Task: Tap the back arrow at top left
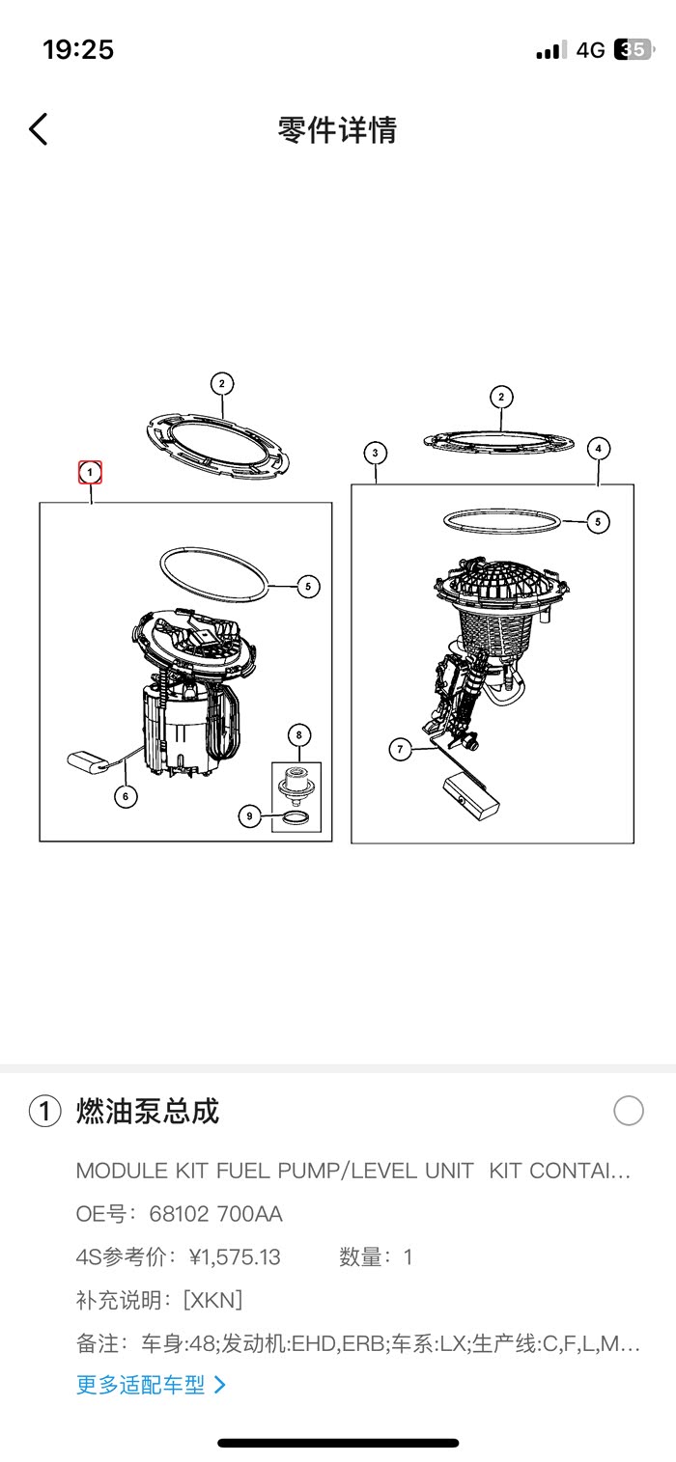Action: click(x=39, y=128)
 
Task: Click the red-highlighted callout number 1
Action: click(x=90, y=473)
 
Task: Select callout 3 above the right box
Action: click(x=375, y=453)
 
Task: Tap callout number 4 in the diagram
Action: click(x=599, y=449)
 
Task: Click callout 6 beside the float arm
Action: click(x=126, y=796)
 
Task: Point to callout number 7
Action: click(x=400, y=749)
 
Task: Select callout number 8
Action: click(x=299, y=735)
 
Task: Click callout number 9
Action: click(x=249, y=815)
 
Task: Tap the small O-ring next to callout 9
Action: click(x=296, y=817)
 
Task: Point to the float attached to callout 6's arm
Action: click(x=88, y=761)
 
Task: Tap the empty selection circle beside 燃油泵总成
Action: click(x=629, y=1111)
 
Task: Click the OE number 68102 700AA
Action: click(x=215, y=1214)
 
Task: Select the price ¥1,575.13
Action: click(x=235, y=1257)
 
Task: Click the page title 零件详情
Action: click(x=338, y=129)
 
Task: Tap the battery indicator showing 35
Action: click(x=633, y=49)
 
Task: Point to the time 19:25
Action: click(x=78, y=49)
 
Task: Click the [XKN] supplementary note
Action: click(x=212, y=1300)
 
